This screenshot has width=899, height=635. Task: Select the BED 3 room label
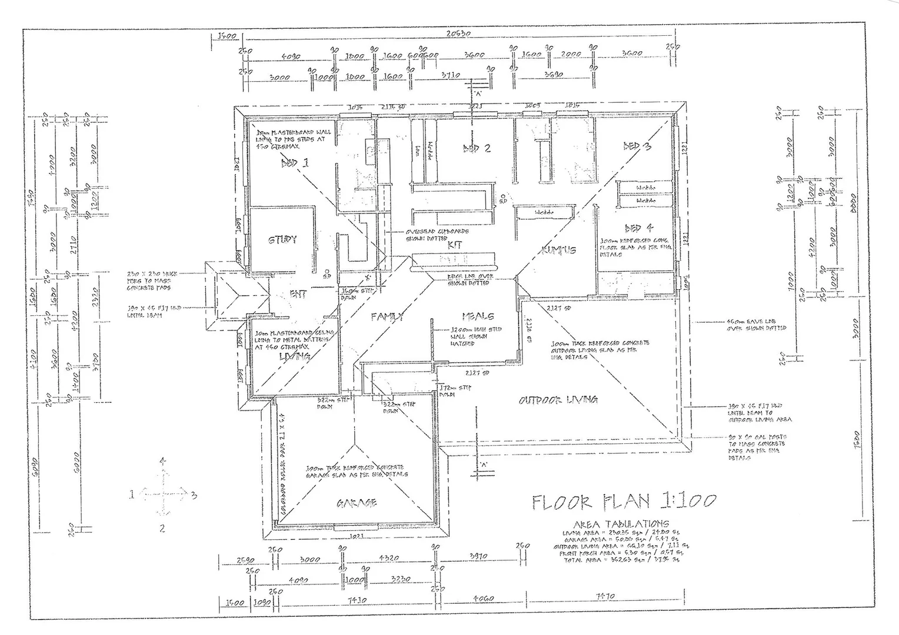tap(637, 146)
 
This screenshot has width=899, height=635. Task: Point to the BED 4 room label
tap(638, 228)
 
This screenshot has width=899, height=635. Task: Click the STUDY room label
tap(282, 240)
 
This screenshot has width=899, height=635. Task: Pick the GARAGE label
tap(357, 503)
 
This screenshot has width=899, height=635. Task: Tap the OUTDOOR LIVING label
tap(558, 400)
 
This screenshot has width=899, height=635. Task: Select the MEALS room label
tap(478, 316)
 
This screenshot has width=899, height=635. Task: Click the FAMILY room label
tap(387, 317)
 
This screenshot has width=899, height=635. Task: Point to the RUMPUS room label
tap(558, 250)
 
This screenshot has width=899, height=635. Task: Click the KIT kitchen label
tap(455, 245)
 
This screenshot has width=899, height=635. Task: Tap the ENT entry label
tap(298, 294)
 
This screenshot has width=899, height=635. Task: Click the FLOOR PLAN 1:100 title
tap(624, 502)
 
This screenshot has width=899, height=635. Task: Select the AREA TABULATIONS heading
tap(621, 523)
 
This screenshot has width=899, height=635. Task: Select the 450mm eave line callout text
tap(756, 325)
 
